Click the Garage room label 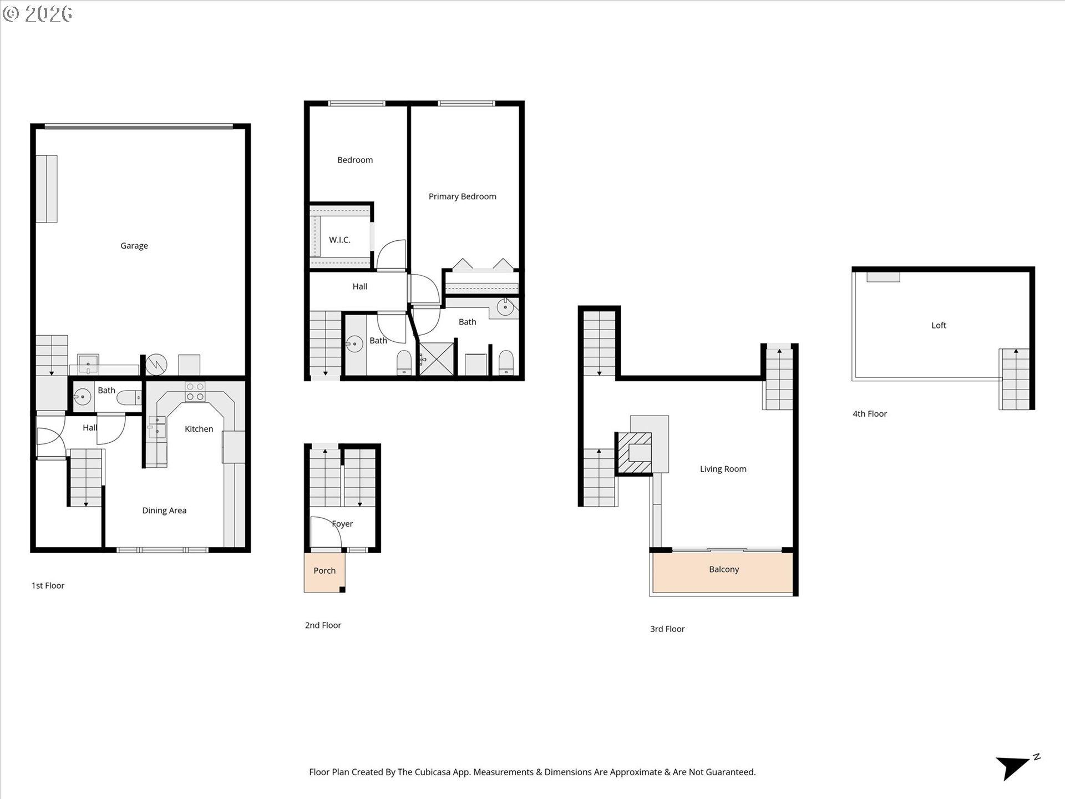tap(134, 246)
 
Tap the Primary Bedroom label tap(462, 196)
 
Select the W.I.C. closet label tap(339, 240)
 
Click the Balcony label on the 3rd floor tap(724, 569)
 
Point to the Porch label tap(324, 570)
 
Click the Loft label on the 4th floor tap(939, 326)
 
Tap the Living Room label tap(723, 469)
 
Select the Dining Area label tap(164, 510)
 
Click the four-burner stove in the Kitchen tap(195, 392)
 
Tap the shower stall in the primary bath tap(437, 360)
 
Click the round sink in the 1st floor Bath tap(83, 397)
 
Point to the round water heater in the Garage tap(156, 365)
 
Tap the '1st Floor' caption tap(48, 585)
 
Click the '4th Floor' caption tap(869, 414)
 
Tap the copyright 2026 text tap(38, 13)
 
